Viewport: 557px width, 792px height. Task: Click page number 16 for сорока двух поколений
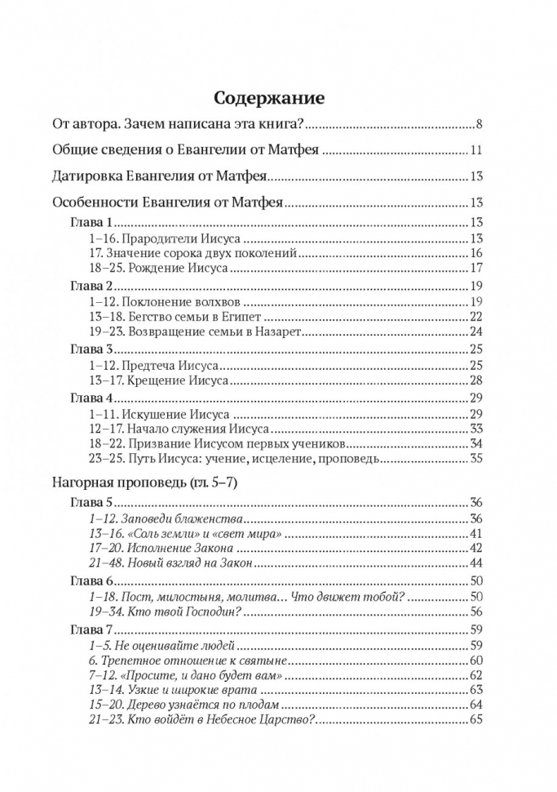click(477, 253)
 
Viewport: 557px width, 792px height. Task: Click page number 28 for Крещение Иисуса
click(477, 380)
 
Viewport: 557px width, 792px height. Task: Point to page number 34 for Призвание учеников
click(477, 443)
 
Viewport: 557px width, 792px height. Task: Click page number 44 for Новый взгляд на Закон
click(477, 563)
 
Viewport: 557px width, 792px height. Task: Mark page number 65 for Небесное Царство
click(477, 719)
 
